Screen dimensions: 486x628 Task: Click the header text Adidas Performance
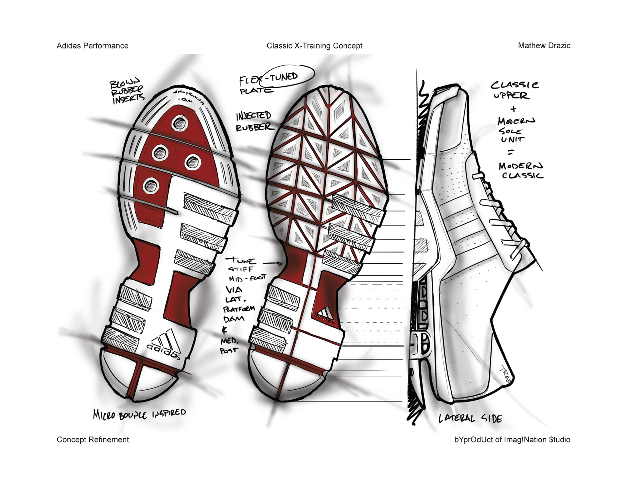(92, 46)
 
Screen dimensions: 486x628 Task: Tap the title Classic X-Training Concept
(314, 46)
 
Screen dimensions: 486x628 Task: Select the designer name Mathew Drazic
(544, 46)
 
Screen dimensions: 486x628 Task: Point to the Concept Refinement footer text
(93, 439)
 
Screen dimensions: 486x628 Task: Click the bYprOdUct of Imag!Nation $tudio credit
(512, 439)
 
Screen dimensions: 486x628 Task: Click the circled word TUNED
(284, 77)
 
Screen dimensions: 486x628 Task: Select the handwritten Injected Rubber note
(254, 121)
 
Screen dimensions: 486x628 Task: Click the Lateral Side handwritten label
(470, 418)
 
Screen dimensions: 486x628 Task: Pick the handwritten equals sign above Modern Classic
(511, 152)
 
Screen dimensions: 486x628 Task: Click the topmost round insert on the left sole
(180, 123)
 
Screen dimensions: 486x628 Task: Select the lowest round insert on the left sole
(151, 186)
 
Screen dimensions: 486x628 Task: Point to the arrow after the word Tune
(272, 263)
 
